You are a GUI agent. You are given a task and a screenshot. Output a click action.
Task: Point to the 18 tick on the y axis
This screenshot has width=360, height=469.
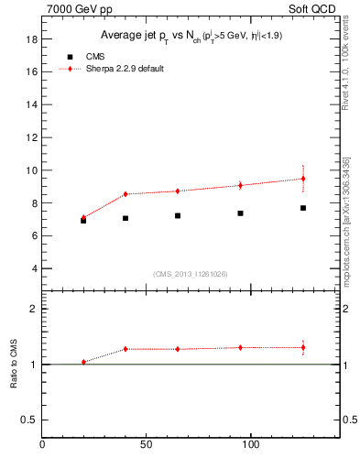[x=30, y=39]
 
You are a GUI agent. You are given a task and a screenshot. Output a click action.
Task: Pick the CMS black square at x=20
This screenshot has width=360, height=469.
[x=83, y=221]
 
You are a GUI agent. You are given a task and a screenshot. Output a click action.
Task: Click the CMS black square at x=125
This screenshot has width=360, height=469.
[x=303, y=208]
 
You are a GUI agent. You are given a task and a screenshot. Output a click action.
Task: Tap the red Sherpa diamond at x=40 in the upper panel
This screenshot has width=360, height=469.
[x=125, y=194]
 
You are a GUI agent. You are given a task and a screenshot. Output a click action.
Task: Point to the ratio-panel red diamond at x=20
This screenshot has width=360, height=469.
[x=83, y=362]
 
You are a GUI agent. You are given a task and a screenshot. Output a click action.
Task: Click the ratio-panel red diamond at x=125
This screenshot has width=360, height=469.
[x=303, y=347]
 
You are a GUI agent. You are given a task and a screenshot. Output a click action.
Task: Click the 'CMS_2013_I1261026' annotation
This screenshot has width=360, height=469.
[x=191, y=274]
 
